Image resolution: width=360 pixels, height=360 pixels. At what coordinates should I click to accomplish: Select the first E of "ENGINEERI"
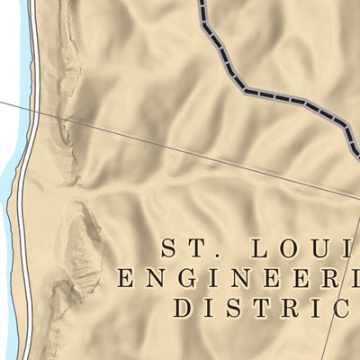pyautogui.click(x=126, y=277)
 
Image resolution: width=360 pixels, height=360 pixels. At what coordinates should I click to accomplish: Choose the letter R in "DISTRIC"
pyautogui.click(x=286, y=307)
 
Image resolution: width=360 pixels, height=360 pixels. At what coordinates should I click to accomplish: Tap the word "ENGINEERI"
pyautogui.click(x=238, y=277)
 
